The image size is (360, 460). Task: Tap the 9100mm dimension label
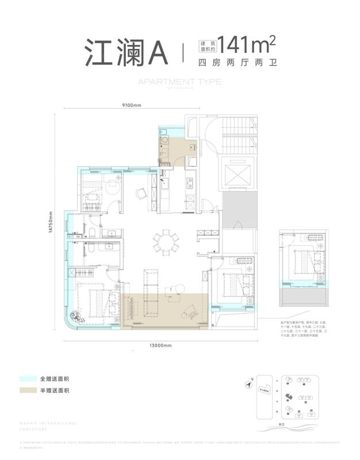coord(131,105)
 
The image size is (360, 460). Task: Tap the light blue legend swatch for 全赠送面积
coord(26,379)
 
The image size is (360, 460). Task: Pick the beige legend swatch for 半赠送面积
coord(26,391)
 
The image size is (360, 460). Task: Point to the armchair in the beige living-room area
coord(190,311)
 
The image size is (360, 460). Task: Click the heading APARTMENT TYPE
coord(179,82)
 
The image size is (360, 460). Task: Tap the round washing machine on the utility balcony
coord(164,139)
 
